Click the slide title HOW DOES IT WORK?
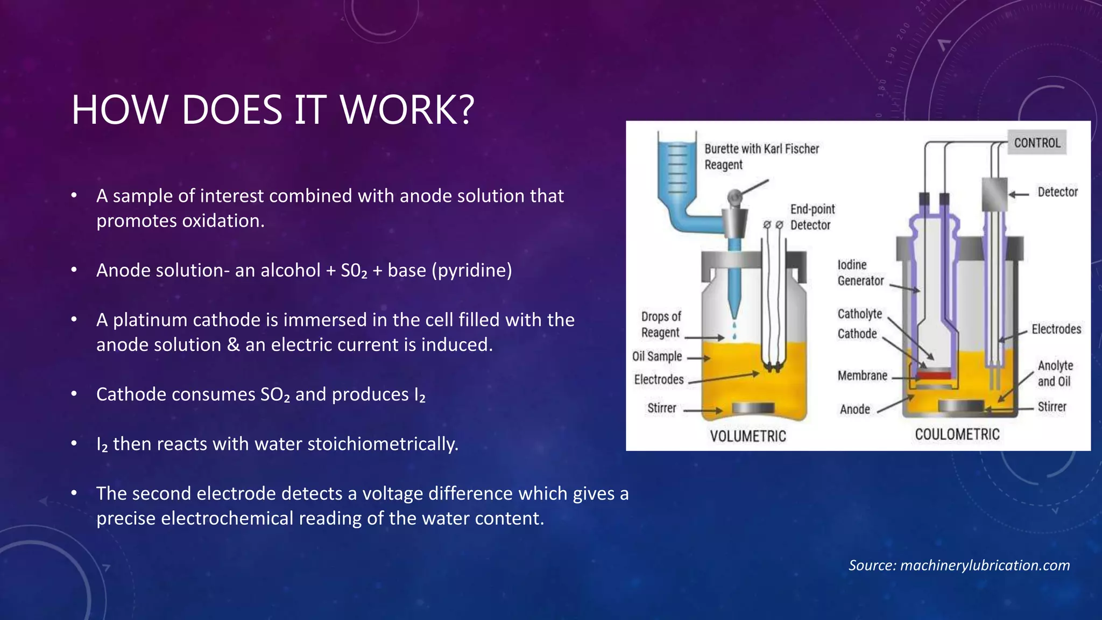[x=273, y=110]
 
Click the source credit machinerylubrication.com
[x=985, y=565]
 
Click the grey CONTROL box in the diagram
[x=1037, y=143]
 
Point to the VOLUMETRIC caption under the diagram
[x=748, y=436]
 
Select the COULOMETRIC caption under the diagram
[x=957, y=434]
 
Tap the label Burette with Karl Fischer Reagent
[x=761, y=157]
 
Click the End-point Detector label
[x=812, y=217]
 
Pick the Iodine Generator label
[x=860, y=273]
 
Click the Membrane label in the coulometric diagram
[x=862, y=376]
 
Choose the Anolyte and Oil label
[x=1055, y=374]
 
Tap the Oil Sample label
[x=657, y=356]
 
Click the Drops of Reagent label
[x=661, y=325]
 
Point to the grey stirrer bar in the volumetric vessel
[x=753, y=408]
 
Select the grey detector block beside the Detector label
[x=994, y=194]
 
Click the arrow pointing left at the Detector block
[x=1018, y=194]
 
